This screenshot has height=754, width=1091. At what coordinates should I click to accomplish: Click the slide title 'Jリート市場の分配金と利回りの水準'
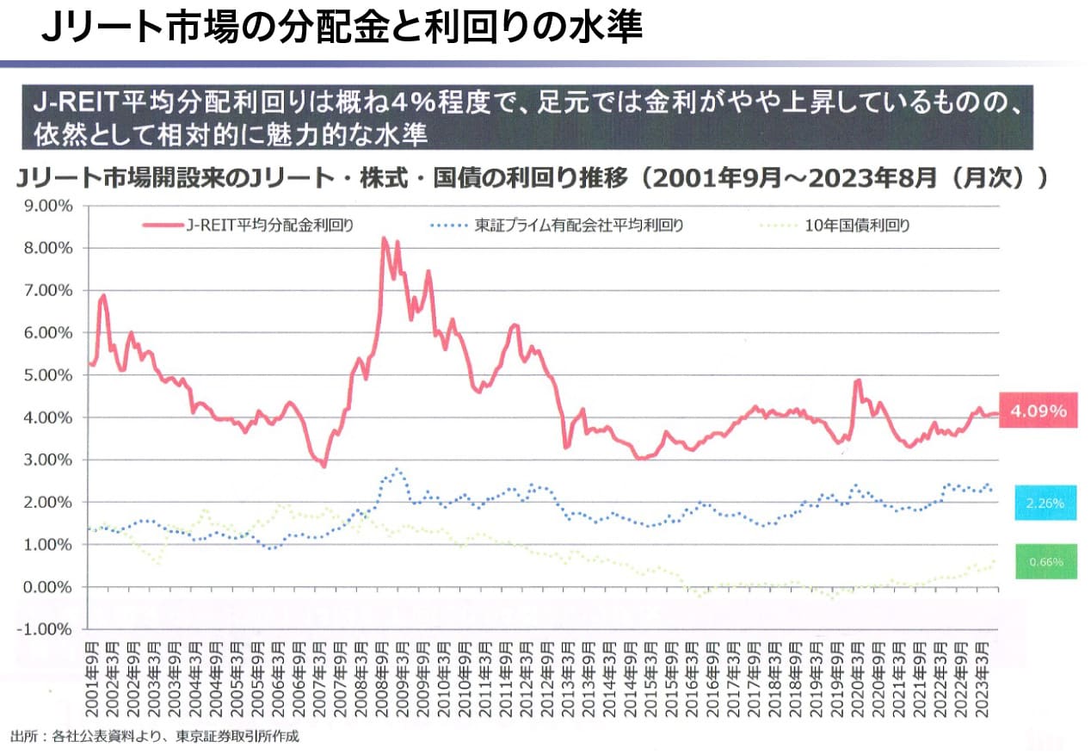(x=342, y=28)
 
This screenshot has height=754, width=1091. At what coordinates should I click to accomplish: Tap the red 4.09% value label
(x=1038, y=411)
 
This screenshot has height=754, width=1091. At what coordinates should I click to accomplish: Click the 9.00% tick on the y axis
(x=48, y=206)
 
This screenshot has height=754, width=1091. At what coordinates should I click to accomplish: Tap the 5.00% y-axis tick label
(x=48, y=375)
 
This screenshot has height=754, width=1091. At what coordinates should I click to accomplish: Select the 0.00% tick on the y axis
(x=48, y=587)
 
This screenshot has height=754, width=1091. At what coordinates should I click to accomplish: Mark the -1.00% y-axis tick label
(x=46, y=629)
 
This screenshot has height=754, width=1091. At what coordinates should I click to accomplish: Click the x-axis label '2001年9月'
(x=91, y=680)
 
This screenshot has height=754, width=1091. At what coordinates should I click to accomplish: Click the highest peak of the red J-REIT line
(x=384, y=238)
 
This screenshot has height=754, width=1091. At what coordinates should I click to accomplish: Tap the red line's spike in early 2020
(x=857, y=380)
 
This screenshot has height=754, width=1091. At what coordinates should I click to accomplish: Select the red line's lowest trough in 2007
(x=324, y=466)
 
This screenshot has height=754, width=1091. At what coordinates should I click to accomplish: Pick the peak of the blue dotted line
(x=396, y=470)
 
